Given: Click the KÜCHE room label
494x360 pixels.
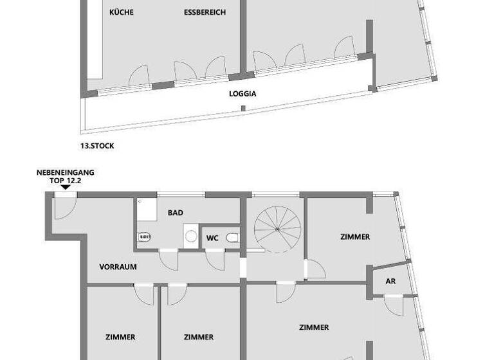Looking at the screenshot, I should click(x=122, y=12).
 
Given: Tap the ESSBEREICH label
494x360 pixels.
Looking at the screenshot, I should click(x=205, y=12).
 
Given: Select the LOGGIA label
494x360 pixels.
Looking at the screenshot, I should click(x=243, y=93).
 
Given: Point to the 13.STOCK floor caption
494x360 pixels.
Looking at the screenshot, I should click(x=97, y=146).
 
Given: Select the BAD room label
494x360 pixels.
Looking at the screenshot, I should click(x=176, y=212).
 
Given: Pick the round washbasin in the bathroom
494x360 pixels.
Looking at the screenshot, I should click(x=190, y=237).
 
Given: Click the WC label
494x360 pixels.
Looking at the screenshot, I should click(x=212, y=239).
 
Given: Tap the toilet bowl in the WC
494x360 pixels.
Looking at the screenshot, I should click(x=233, y=238).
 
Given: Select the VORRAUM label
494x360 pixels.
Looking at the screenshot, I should click(x=118, y=267).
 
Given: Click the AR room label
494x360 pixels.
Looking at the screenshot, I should click(x=390, y=282).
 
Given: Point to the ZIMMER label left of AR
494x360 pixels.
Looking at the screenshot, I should click(x=355, y=237).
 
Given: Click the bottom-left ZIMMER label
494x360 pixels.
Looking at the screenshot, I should click(x=120, y=337).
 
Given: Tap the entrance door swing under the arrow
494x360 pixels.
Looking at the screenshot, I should click(x=65, y=204).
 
